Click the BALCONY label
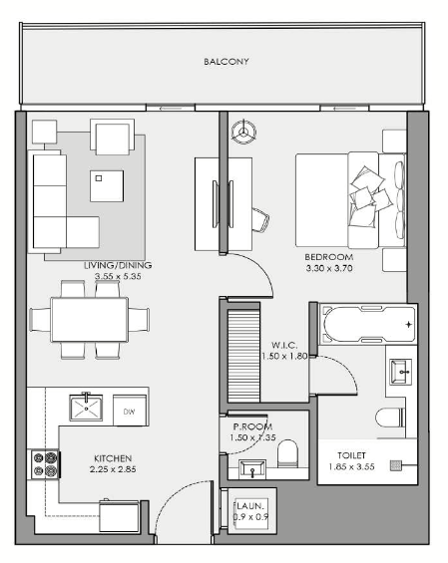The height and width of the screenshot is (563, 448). click(226, 62)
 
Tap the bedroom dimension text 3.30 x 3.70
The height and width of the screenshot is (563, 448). click(329, 268)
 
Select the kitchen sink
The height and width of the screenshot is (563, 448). click(86, 408)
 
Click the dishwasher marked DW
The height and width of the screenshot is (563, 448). click(130, 411)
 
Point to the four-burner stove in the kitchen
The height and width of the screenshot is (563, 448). click(45, 464)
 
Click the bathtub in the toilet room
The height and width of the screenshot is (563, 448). click(368, 324)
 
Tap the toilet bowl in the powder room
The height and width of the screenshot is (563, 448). click(288, 453)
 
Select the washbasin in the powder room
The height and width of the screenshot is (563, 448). click(252, 468)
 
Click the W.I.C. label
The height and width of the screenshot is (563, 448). click(284, 346)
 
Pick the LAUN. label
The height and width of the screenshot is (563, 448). click(250, 506)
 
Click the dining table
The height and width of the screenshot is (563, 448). click(90, 320)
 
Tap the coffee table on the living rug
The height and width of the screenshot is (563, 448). click(107, 186)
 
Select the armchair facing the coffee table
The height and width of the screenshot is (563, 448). click(112, 137)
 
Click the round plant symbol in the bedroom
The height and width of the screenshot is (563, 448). click(243, 132)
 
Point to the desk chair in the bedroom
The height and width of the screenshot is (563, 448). click(260, 219)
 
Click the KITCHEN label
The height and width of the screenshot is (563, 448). click(113, 458)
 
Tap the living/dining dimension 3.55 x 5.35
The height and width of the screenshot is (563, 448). click(118, 276)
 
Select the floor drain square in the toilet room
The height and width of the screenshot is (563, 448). click(396, 465)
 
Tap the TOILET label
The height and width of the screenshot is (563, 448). click(351, 455)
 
